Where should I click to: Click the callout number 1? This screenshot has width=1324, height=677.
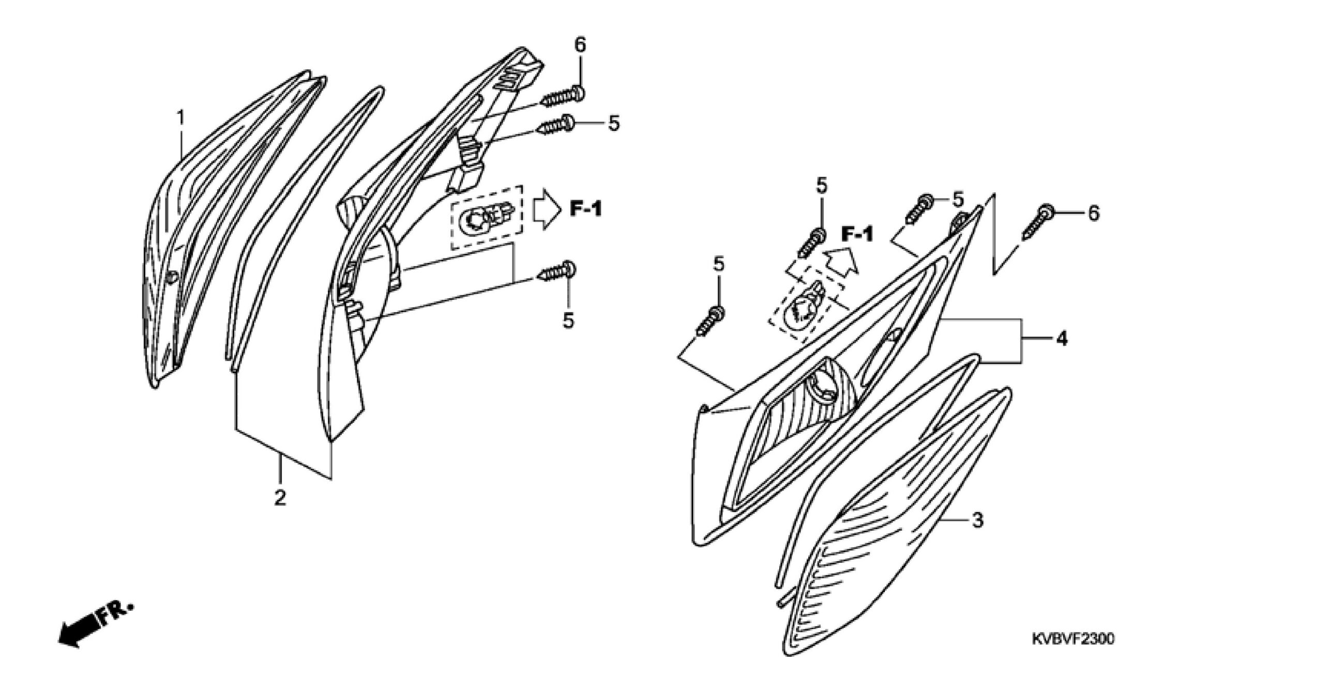[180, 119]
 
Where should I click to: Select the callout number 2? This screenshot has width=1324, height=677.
[280, 498]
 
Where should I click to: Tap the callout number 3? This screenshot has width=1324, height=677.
[977, 520]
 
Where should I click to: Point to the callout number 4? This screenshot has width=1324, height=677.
[1061, 338]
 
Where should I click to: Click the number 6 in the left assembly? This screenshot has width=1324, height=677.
[580, 45]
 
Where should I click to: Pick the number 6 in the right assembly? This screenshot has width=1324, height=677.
[1093, 213]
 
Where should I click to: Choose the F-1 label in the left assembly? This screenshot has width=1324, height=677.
[586, 209]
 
